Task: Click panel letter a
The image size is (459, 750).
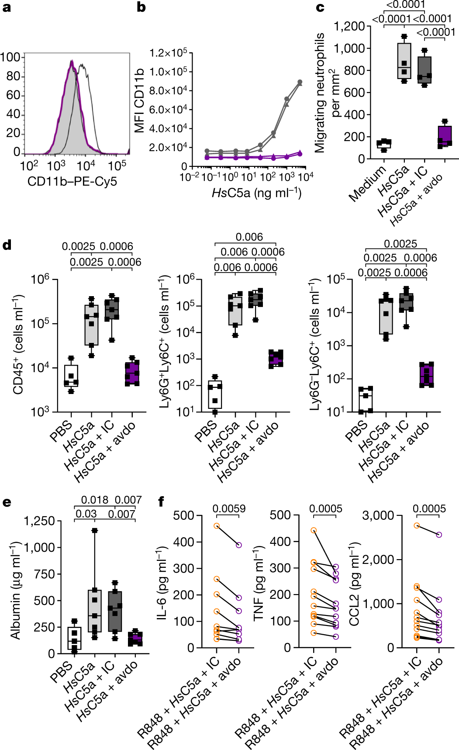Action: coord(6,7)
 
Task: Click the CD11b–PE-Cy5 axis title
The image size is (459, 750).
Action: coord(72,182)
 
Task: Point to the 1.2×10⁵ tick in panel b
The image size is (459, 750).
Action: coord(168,53)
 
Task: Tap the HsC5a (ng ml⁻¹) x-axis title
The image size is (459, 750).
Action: coord(256,193)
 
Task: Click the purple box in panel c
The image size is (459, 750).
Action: coord(445,136)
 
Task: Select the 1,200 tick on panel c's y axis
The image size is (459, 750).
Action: coord(349,27)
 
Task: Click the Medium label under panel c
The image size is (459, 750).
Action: coord(368,183)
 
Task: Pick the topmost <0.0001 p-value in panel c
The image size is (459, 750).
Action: coord(406,4)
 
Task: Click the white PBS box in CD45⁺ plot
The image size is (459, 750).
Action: coord(71,376)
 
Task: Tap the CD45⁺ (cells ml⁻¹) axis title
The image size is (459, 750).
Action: coord(18,345)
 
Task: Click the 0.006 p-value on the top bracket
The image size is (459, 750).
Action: coord(249,237)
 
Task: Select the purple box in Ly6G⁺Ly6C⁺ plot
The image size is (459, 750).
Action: coord(276,359)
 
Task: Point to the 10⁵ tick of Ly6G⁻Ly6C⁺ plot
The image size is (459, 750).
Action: coord(336,279)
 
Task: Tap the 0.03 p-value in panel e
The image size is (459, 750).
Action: coord(86,514)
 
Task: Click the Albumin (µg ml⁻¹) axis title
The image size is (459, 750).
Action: coord(16,591)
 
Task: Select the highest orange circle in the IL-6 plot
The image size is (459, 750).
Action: coord(217,526)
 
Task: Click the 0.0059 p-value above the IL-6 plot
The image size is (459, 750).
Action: coord(229,509)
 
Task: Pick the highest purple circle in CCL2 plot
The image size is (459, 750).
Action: coord(439,534)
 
